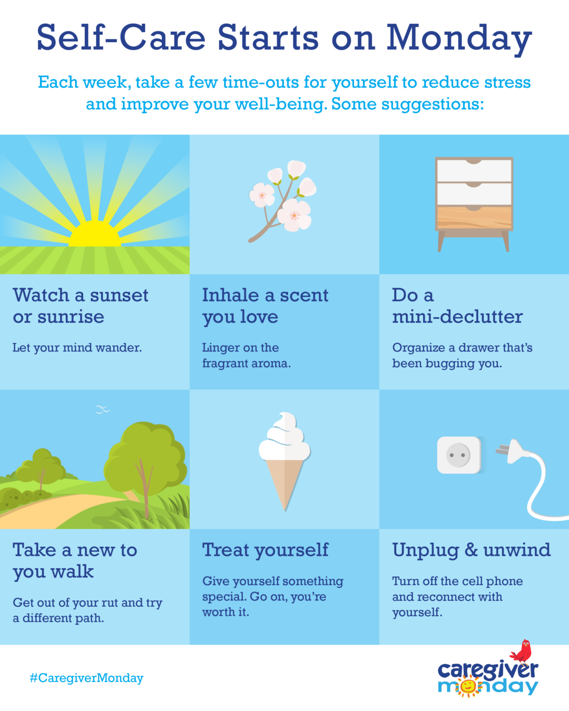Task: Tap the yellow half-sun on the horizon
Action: [x=95, y=234]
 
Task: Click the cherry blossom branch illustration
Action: [x=282, y=201]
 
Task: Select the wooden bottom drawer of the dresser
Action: [x=474, y=218]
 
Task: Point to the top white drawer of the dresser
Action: [x=474, y=170]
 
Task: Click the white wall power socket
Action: [x=458, y=455]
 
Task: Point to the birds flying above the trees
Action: [x=103, y=410]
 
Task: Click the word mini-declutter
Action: [x=458, y=317]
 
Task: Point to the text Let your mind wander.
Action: [x=77, y=348]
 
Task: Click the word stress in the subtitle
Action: [x=507, y=82]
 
